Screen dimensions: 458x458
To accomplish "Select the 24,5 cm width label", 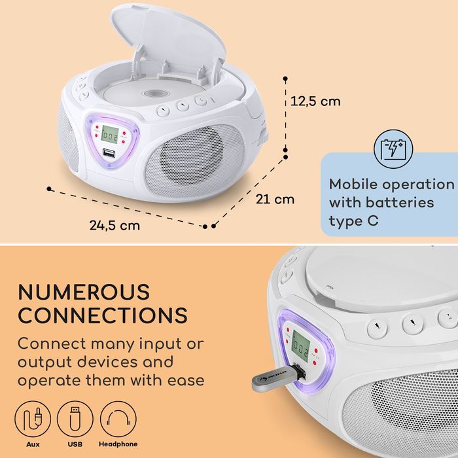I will point(115,225).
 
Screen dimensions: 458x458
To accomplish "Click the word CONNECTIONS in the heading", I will point(103,315).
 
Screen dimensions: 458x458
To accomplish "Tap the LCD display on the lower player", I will point(302,342).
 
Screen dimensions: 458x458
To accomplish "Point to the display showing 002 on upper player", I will point(110,138).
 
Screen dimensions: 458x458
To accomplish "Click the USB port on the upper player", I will point(109,155).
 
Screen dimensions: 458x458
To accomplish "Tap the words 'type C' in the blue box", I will point(354,221).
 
